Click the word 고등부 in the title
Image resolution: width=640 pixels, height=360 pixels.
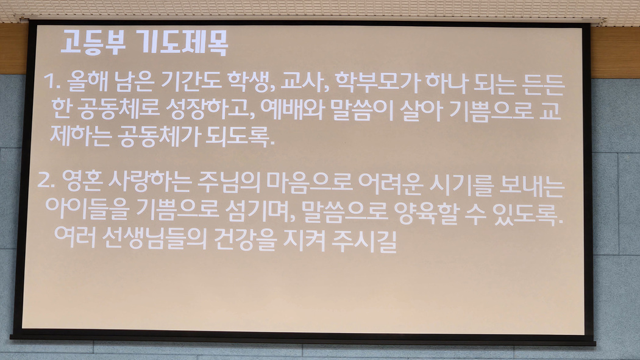pos(93,42)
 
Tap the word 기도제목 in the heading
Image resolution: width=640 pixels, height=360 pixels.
pos(182,43)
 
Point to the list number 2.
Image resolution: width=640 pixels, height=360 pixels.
pos(46,179)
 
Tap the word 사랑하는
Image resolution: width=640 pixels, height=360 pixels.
pos(150,181)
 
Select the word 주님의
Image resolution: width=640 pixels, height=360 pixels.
pos(229,182)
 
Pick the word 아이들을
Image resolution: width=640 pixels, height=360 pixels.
pos(87,208)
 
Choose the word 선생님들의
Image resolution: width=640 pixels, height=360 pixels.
pos(154,238)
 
